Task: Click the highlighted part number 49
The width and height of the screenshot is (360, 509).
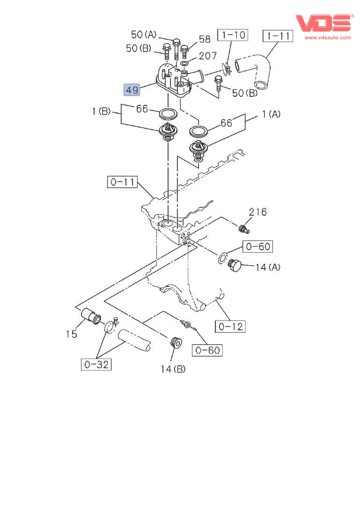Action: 132,90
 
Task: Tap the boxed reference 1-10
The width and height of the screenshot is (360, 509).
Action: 233,35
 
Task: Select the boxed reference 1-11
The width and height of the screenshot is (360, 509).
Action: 278,36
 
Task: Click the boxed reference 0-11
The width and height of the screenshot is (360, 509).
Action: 123,182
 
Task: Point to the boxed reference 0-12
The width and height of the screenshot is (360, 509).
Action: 230,326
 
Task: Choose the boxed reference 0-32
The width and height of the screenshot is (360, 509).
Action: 96,364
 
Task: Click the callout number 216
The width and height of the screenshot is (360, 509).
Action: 257,212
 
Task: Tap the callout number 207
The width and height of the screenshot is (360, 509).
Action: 207,56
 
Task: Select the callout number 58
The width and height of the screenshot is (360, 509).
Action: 205,39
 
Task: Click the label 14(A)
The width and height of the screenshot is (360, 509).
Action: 268,267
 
